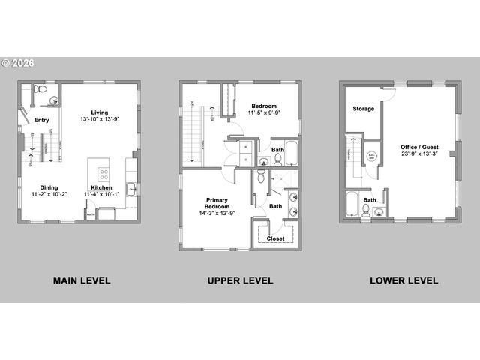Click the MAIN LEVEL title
pyautogui.click(x=82, y=280)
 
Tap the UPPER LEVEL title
pyautogui.click(x=240, y=280)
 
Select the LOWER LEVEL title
pyautogui.click(x=403, y=280)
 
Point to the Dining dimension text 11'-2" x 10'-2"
pyautogui.click(x=49, y=194)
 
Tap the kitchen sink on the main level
pyautogui.click(x=130, y=189)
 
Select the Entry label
pyautogui.click(x=41, y=119)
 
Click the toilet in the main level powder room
pyautogui.click(x=42, y=94)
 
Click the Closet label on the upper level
pyautogui.click(x=276, y=238)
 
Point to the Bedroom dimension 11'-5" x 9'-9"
pyautogui.click(x=264, y=113)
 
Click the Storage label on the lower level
pyautogui.click(x=364, y=109)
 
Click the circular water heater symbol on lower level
pyautogui.click(x=370, y=156)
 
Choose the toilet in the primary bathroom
pyautogui.click(x=261, y=177)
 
